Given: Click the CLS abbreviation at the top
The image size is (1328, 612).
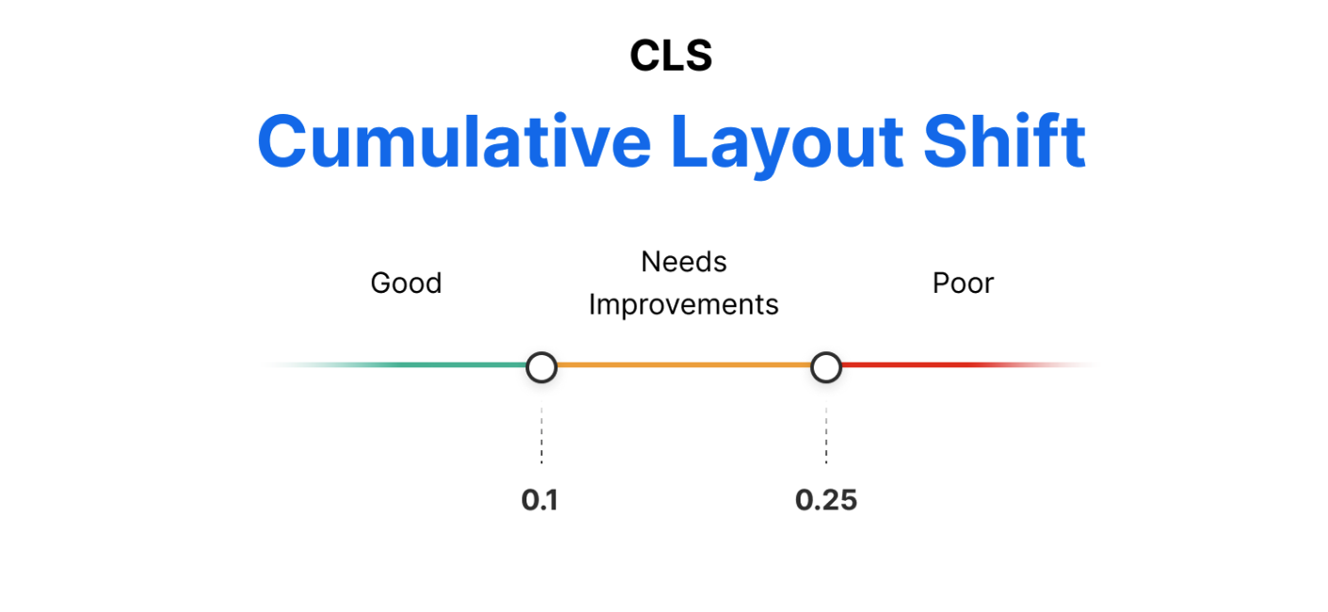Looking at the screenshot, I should tap(671, 56).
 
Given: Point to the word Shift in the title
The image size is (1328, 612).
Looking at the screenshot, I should tap(1004, 141).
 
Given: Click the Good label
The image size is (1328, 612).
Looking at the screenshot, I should tap(406, 283).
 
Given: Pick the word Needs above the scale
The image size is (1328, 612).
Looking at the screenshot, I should tap(684, 262).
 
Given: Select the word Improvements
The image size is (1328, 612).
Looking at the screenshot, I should tap(684, 305).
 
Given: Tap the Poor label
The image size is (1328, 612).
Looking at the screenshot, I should tap(963, 283).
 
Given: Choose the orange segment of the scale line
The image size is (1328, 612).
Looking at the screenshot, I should tap(683, 365).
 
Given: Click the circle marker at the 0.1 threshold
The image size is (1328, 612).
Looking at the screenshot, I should tap(542, 367).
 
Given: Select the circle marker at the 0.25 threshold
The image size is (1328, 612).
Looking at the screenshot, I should tap(826, 367).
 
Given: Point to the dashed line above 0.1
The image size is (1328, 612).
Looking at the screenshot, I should tap(542, 435).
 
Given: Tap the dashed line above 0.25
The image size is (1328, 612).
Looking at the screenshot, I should tap(826, 435).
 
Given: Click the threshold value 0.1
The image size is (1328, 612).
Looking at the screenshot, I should tap(540, 500).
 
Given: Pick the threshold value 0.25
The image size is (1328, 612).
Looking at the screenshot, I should tap(826, 500).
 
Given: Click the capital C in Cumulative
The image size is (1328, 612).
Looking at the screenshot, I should tap(287, 141).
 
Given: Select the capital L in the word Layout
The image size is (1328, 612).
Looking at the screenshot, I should tap(692, 141).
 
